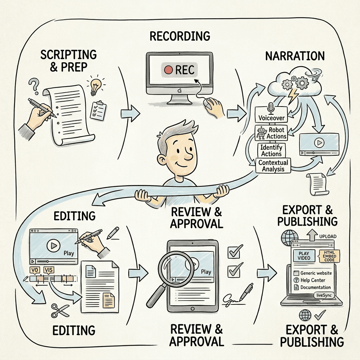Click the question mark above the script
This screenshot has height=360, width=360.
[x=34, y=85]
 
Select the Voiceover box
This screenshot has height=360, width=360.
[x=271, y=117]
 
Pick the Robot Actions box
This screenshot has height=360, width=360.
[x=271, y=133]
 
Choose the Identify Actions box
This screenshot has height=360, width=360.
[x=271, y=150]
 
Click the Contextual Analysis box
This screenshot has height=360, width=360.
[x=273, y=166]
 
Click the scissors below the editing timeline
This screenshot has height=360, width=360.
[x=60, y=310]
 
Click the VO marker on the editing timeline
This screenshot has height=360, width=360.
[x=34, y=270]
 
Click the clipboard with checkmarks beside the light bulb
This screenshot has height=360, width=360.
[x=98, y=110]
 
